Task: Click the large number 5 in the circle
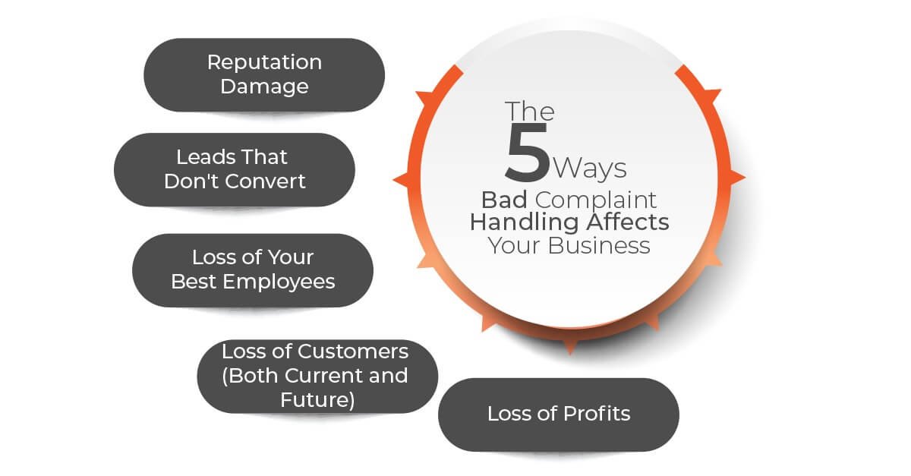[x=528, y=155]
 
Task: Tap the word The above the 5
[x=530, y=111]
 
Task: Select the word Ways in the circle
[x=590, y=167]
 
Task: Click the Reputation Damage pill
[x=264, y=74]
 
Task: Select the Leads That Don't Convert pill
[x=235, y=169]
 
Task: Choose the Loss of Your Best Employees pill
[x=253, y=270]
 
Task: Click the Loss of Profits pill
[x=559, y=414]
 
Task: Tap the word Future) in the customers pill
[x=317, y=399]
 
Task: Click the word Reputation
[x=264, y=62]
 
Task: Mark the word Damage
[x=264, y=87]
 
